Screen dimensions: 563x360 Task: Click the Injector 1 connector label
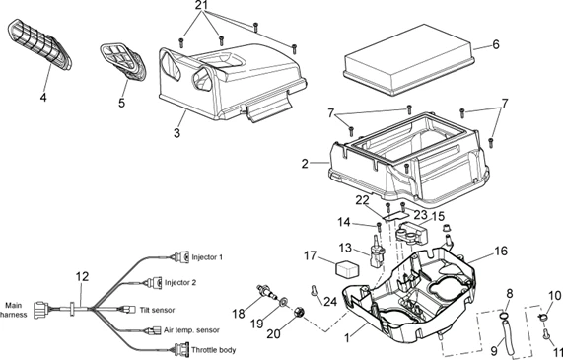[207, 257]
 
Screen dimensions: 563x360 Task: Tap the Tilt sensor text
[157, 310]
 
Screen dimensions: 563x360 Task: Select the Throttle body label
[213, 350]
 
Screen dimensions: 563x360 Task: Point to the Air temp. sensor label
[191, 330]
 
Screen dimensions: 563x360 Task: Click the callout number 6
[496, 45]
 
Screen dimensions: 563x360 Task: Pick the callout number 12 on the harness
[82, 276]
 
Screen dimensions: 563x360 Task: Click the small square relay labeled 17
[345, 268]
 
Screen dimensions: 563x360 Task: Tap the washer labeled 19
[283, 301]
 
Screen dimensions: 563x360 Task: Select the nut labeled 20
[299, 313]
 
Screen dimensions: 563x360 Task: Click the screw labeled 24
[315, 291]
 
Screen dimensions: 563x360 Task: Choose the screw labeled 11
[546, 333]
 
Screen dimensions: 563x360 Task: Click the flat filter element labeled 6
[408, 60]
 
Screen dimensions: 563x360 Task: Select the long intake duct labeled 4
[39, 44]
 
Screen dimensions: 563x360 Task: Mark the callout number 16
[501, 251]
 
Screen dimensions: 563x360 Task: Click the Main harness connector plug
[41, 310]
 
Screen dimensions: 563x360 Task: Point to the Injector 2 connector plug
[155, 283]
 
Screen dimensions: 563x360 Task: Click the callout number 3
[176, 133]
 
